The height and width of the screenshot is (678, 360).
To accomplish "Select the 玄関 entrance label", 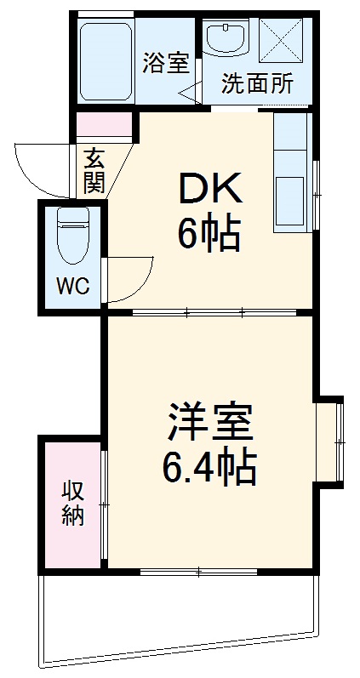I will pyautogui.click(x=94, y=171).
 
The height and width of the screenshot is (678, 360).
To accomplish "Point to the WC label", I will pyautogui.click(x=72, y=287).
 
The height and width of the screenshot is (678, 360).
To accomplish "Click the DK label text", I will pyautogui.click(x=209, y=188).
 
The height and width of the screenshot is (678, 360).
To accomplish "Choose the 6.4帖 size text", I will pyautogui.click(x=210, y=465).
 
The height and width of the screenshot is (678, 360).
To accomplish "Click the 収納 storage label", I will pyautogui.click(x=72, y=504).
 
